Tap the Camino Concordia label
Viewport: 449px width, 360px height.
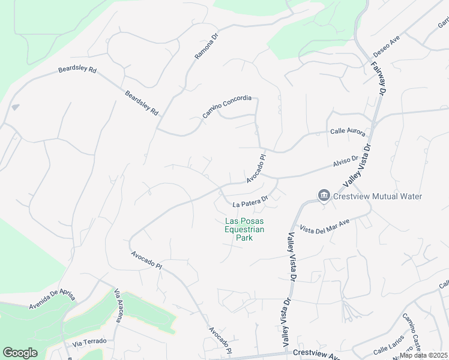(x=226, y=106)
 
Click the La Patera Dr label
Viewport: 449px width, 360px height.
(x=250, y=201)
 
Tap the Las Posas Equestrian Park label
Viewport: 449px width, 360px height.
(x=244, y=229)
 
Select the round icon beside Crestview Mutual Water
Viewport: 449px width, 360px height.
(x=324, y=196)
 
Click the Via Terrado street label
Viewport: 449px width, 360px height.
(x=89, y=342)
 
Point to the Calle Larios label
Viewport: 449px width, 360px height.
(x=388, y=349)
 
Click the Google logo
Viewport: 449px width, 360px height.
(x=20, y=353)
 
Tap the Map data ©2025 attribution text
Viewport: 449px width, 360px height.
(x=424, y=355)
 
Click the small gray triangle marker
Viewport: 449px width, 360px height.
(x=15, y=107)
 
